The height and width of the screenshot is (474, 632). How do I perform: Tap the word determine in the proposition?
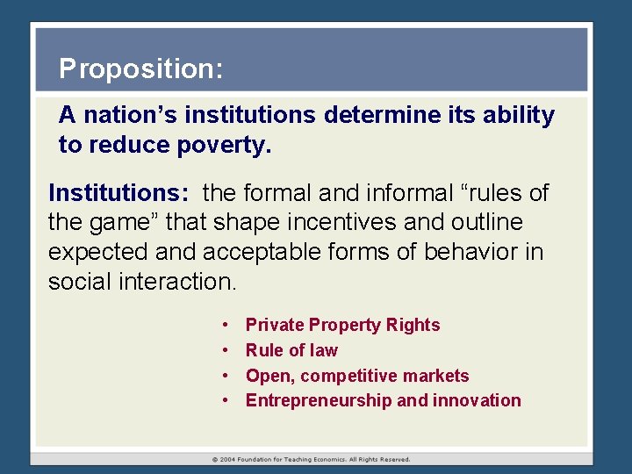click(x=375, y=115)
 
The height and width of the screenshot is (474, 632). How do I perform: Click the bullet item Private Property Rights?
click(x=342, y=325)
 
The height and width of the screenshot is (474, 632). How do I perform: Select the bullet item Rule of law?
click(x=291, y=350)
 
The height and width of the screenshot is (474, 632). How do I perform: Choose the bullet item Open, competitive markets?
click(x=357, y=376)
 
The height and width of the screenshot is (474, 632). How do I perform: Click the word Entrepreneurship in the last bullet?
click(x=319, y=401)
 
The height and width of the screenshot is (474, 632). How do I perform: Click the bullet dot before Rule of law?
click(x=226, y=350)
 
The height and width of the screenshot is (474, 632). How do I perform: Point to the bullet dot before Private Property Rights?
click(x=226, y=325)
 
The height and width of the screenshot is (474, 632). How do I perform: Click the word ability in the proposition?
click(x=519, y=115)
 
